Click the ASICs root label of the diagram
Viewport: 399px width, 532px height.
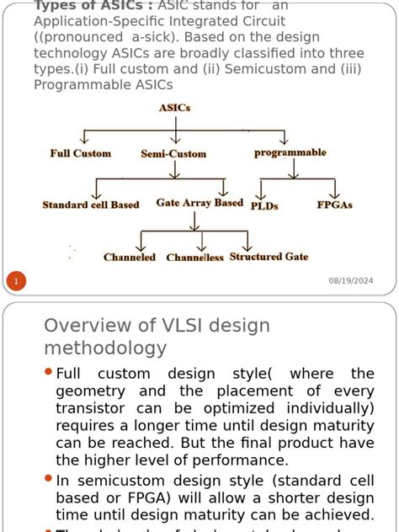(x=175, y=108)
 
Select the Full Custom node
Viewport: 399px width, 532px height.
(x=81, y=153)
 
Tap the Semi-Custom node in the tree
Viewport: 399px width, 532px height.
(x=173, y=154)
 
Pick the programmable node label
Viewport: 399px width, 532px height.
(x=290, y=152)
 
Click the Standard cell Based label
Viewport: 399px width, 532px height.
(x=91, y=205)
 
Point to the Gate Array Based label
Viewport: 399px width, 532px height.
(x=199, y=203)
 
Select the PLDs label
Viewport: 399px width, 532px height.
(x=264, y=205)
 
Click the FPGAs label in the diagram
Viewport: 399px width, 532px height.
(x=334, y=205)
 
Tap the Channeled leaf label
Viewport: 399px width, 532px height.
(x=130, y=258)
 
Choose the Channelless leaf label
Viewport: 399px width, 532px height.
(x=194, y=258)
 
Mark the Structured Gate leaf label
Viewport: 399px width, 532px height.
(x=269, y=257)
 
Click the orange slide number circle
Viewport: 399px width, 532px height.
(x=16, y=280)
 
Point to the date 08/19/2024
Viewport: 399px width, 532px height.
(x=350, y=280)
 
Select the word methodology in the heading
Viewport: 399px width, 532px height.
(x=105, y=348)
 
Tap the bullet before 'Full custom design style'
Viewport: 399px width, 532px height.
(x=48, y=371)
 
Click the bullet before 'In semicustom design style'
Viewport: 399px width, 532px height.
(x=48, y=478)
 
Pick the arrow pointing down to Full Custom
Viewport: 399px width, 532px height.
(x=82, y=139)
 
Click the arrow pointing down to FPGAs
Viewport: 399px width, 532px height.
(x=334, y=189)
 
